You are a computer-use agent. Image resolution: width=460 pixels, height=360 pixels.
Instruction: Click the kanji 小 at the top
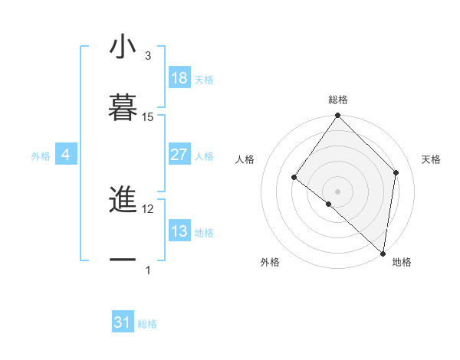pos(123,47)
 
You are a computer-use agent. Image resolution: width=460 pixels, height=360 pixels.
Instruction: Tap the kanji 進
pos(123,201)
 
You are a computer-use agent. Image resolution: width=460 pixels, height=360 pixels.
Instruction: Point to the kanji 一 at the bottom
pos(123,260)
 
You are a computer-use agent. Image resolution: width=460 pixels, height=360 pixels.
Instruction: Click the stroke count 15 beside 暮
pos(148,116)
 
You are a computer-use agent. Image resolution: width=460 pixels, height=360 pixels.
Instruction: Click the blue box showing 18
pos(179,78)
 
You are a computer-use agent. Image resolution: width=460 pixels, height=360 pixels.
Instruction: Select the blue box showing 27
pos(179,155)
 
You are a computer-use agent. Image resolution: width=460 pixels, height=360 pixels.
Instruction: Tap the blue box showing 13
pos(179,231)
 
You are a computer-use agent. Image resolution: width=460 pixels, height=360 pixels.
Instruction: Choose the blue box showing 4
pos(66,155)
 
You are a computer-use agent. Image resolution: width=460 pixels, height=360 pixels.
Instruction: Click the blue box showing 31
pos(123,323)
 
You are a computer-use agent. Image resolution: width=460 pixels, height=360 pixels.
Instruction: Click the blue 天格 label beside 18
pos(204,79)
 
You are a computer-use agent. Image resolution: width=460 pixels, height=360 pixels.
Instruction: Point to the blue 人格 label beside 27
pos(204,155)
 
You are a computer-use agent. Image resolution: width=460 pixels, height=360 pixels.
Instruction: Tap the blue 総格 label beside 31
pos(147,324)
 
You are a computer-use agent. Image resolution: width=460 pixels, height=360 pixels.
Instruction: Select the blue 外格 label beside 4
pos(41,155)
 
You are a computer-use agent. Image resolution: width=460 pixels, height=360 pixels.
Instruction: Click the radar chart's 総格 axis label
pos(338,100)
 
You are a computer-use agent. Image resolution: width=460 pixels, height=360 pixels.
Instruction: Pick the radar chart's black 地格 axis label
pos(402,262)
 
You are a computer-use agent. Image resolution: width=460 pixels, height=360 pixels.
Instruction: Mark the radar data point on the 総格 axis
pos(338,116)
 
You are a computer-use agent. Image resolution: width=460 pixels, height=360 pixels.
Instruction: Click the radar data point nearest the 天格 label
pos(396,172)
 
